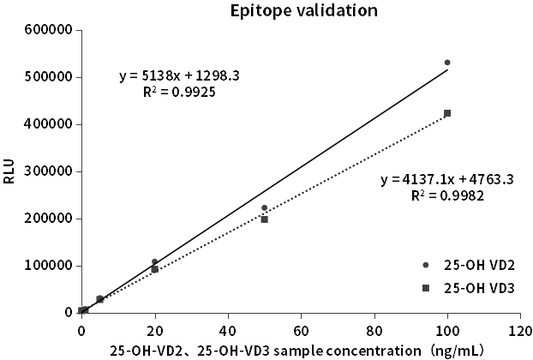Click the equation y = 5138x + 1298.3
tap(178, 75)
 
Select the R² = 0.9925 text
tap(178, 90)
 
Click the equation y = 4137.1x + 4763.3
tap(446, 180)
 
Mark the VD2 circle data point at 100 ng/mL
tap(447, 63)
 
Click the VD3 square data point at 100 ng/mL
tap(447, 113)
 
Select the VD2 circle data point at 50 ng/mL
tap(264, 207)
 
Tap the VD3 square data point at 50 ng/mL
tap(264, 219)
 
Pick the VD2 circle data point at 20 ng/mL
tap(154, 261)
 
